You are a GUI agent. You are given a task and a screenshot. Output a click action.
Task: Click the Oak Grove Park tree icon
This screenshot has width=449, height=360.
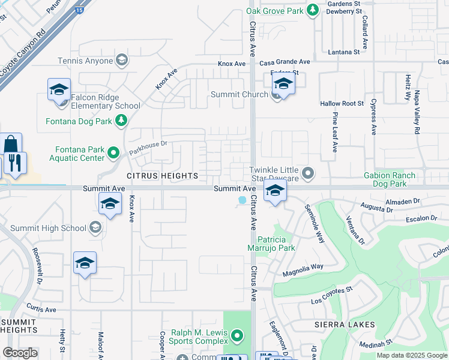pyautogui.click(x=312, y=10)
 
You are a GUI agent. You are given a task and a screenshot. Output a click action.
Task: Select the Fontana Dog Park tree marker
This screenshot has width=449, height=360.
pyautogui.click(x=121, y=121)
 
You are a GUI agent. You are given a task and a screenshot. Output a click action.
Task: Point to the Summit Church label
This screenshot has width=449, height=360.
pyautogui.click(x=239, y=95)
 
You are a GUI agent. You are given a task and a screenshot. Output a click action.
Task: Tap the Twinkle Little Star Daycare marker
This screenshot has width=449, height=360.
pyautogui.click(x=308, y=174)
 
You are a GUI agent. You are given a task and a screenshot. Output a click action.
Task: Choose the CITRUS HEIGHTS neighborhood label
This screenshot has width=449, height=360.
pyautogui.click(x=162, y=176)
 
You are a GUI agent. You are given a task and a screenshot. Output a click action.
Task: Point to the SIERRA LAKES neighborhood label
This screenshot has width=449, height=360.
pyautogui.click(x=344, y=325)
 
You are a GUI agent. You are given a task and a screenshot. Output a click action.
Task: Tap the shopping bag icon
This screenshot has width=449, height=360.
pyautogui.click(x=11, y=145)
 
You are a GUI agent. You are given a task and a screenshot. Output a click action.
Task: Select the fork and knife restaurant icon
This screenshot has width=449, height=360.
pyautogui.click(x=15, y=163)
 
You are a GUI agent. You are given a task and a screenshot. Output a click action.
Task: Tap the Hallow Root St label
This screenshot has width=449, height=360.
pyautogui.click(x=342, y=104)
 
